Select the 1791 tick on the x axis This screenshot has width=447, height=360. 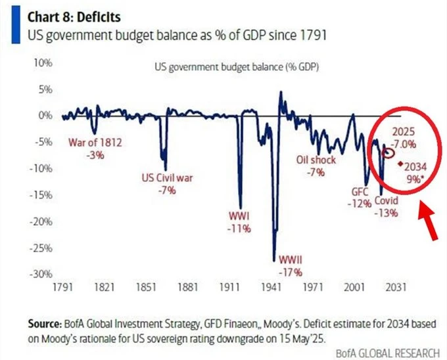click(63, 288)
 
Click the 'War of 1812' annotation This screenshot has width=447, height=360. click(96, 143)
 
